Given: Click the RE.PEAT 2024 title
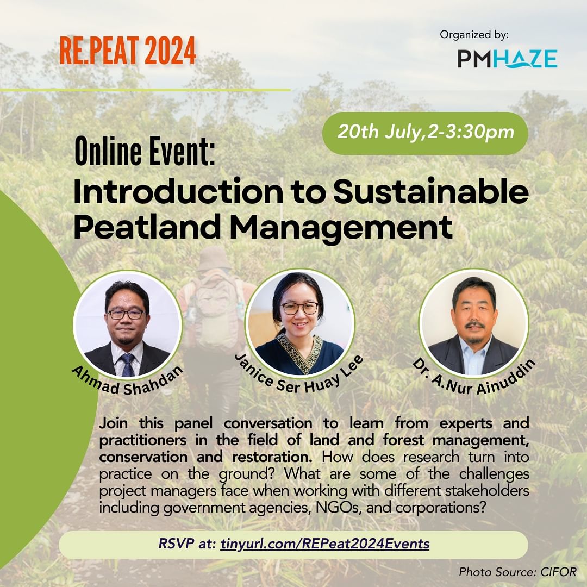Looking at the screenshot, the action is pyautogui.click(x=128, y=51).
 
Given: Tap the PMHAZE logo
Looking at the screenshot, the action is pyautogui.click(x=507, y=59).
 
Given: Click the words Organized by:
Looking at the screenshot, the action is pyautogui.click(x=474, y=35).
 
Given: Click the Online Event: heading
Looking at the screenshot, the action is pyautogui.click(x=145, y=151).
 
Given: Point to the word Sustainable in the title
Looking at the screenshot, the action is pyautogui.click(x=431, y=192).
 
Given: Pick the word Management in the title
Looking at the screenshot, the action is pyautogui.click(x=341, y=228).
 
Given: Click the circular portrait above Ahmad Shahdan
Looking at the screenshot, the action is pyautogui.click(x=127, y=324).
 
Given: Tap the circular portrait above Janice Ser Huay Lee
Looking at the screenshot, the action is pyautogui.click(x=299, y=323).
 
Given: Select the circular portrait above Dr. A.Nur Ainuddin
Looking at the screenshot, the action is pyautogui.click(x=473, y=323).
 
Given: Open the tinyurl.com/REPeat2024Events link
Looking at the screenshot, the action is pyautogui.click(x=325, y=543).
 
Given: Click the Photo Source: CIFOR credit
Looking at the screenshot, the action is pyautogui.click(x=518, y=572).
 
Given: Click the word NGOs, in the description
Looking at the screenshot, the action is pyautogui.click(x=339, y=508).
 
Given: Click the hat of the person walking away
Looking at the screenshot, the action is pyautogui.click(x=214, y=258).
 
